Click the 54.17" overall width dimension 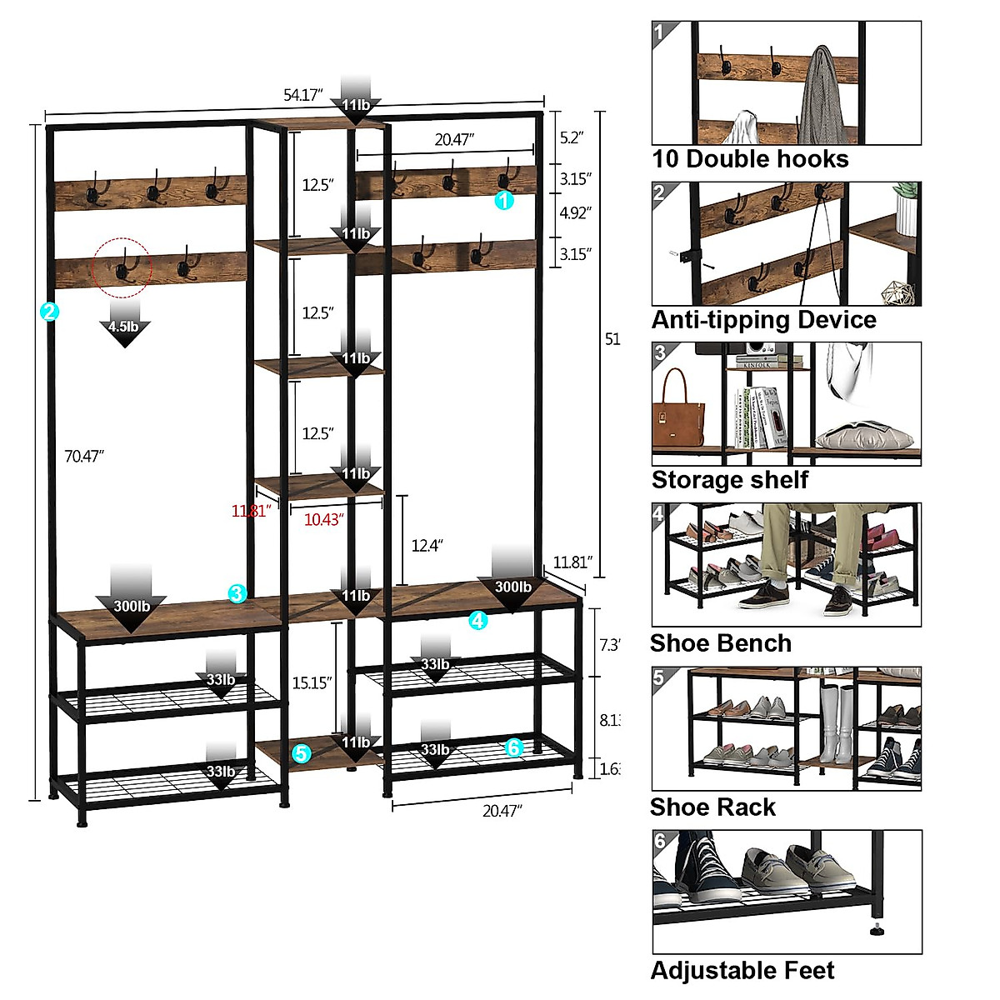pos(302,95)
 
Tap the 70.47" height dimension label pos(84,456)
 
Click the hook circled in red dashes pos(122,265)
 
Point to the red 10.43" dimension pos(323,520)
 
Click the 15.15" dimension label pos(312,682)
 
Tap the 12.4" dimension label pos(427,545)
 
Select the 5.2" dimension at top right pos(572,137)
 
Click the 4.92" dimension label pos(575,213)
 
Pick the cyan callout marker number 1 pos(504,200)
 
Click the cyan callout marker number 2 pos(49,312)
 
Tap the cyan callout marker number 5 pos(302,753)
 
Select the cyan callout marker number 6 pos(513,747)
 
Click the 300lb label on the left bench pos(132,606)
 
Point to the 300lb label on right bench pos(512,587)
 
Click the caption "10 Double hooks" pos(750,159)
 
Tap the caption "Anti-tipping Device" pos(763,320)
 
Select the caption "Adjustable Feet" pos(742,971)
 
